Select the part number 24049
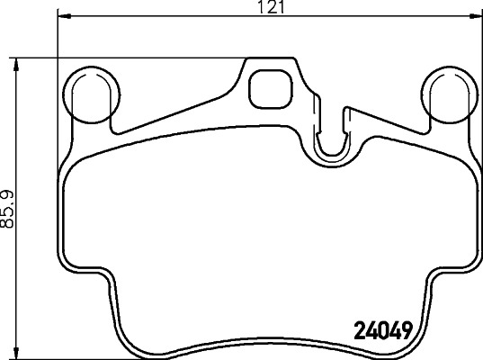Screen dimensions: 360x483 tap(377, 331)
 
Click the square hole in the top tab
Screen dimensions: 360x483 tap(267, 87)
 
